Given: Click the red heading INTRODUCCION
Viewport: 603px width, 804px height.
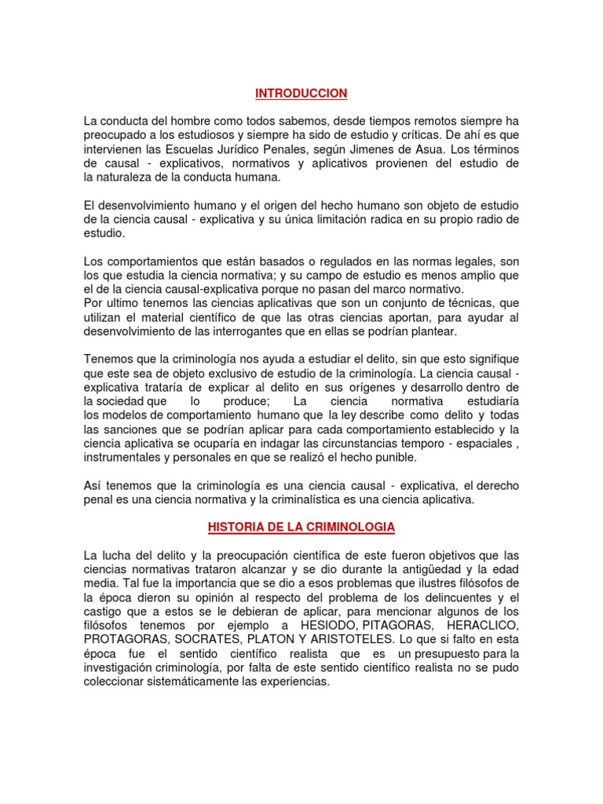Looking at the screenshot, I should click(x=301, y=93).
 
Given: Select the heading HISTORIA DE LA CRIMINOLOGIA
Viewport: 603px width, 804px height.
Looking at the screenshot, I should click(x=301, y=526).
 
